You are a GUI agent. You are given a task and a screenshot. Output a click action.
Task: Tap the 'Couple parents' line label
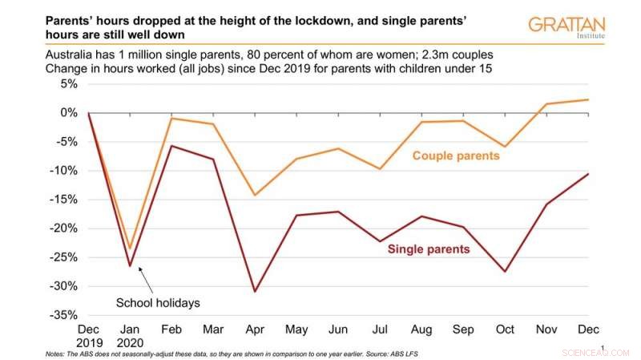(455, 155)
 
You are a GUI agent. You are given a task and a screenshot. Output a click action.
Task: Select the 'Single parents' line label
(429, 249)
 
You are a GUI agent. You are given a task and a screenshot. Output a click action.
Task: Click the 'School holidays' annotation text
(159, 302)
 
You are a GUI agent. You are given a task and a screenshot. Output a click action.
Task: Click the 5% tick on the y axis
(67, 84)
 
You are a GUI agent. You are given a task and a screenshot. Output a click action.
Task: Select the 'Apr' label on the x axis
(256, 330)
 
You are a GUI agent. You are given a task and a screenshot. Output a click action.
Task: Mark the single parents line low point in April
(256, 291)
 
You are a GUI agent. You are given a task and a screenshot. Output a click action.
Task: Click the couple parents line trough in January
(130, 248)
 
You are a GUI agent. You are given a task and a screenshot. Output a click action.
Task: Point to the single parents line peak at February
(171, 146)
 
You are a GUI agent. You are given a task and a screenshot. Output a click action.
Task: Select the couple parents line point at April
(256, 195)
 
